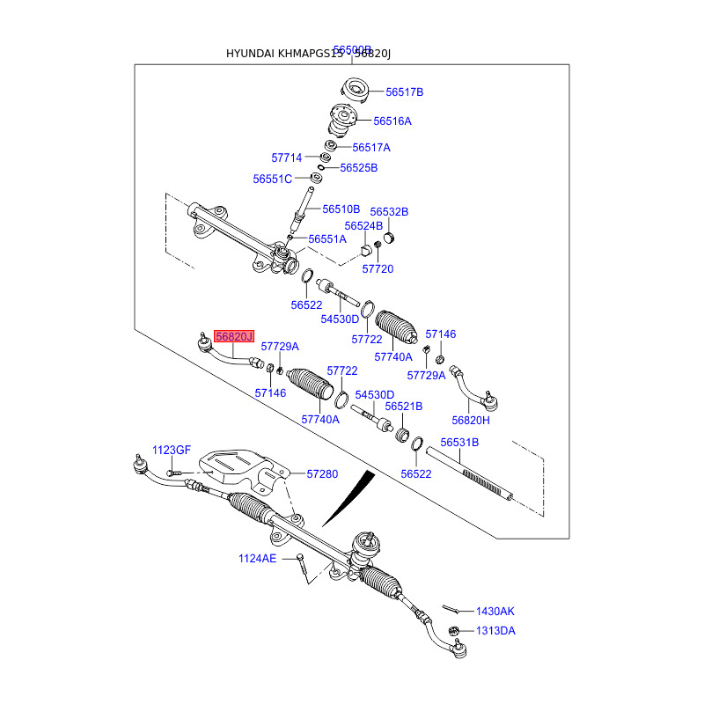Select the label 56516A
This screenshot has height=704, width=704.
tap(392, 121)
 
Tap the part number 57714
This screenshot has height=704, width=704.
tap(286, 158)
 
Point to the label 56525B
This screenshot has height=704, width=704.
tap(358, 167)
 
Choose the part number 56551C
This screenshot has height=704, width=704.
tap(272, 179)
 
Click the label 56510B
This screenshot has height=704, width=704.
tap(341, 209)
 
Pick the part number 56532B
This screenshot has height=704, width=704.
tap(389, 212)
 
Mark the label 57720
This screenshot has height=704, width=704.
tap(378, 268)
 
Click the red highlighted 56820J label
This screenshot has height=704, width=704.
tap(234, 337)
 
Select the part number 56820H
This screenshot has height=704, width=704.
tap(471, 420)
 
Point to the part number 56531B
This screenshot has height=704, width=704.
tap(459, 442)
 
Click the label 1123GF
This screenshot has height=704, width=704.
tap(172, 450)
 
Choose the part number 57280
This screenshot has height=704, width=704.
tap(322, 473)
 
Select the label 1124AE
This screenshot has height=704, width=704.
tap(257, 558)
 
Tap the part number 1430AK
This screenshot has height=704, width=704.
tap(495, 611)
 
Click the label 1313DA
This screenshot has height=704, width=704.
tap(496, 631)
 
